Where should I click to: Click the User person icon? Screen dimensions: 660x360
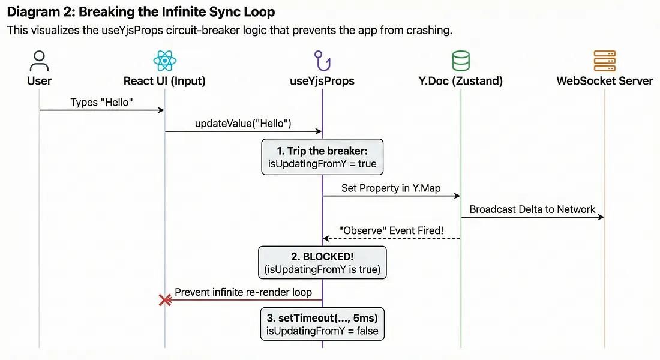39,61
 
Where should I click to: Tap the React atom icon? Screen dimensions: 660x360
164,61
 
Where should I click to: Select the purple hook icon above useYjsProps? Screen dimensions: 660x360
322,61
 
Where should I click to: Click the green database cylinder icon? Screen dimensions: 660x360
460,61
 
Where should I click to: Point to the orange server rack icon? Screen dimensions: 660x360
604,61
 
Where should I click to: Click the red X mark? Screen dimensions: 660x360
165,300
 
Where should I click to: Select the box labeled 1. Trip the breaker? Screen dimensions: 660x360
322,157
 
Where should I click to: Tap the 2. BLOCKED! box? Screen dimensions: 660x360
322,263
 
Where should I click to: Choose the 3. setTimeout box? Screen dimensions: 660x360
322,324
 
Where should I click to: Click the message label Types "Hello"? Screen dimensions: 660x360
101,103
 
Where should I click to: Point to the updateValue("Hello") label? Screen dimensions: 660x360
243,124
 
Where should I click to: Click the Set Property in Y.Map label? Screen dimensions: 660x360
391,188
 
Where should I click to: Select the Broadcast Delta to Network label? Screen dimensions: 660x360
532,209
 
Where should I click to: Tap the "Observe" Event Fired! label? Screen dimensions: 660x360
391,231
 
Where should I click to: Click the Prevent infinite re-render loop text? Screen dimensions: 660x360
243,292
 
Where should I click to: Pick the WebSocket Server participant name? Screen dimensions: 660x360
605,81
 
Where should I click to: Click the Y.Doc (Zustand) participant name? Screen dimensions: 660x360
460,81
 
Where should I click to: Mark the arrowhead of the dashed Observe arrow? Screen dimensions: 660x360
325,239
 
